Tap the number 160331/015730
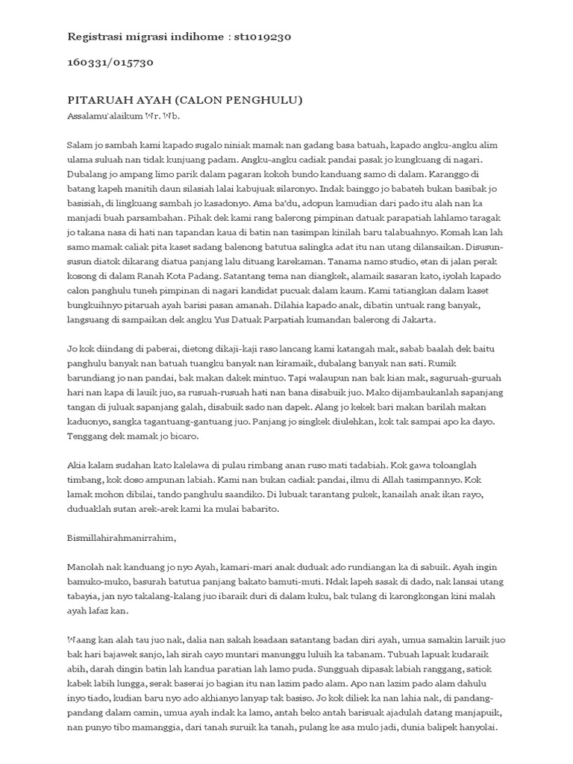click(110, 62)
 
